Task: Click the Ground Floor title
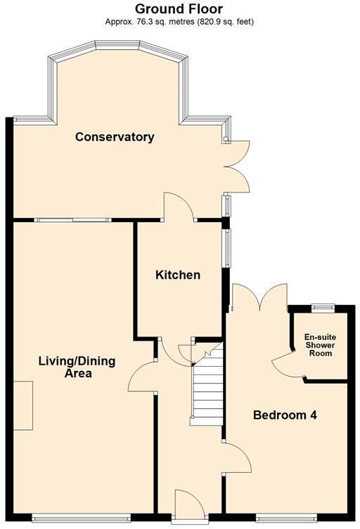[179, 9]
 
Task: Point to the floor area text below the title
[179, 22]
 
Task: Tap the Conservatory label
[115, 137]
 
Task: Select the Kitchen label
[178, 275]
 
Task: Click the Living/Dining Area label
[77, 367]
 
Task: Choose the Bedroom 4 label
[285, 415]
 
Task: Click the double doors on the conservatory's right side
[238, 166]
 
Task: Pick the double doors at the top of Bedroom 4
[259, 297]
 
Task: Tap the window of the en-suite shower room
[323, 306]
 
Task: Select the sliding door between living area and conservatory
[73, 219]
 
